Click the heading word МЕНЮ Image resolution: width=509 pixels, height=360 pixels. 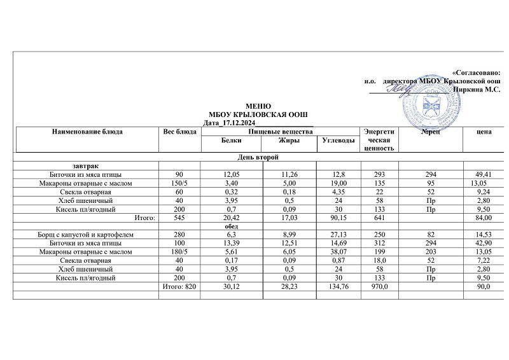pos(258,106)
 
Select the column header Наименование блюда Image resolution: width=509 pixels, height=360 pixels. pos(88,131)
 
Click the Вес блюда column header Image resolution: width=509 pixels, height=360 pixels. pos(180,131)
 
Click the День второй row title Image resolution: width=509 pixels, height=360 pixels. pos(258,156)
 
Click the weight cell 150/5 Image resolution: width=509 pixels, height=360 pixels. pos(179,183)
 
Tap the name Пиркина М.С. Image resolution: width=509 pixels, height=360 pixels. pos(476,90)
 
